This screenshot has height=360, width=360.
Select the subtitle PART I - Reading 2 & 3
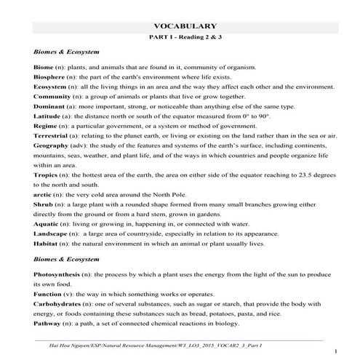coord(180,36)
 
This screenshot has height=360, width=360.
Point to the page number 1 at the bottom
coord(336,351)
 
